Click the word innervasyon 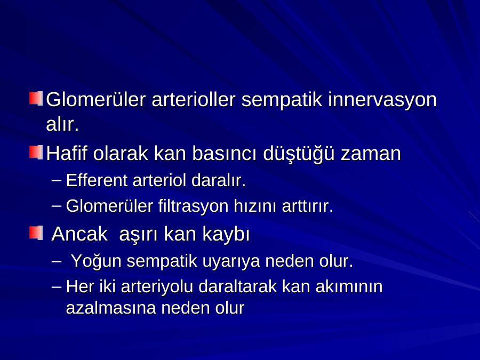[382, 100]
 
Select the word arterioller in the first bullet [194, 100]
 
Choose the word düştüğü [299, 153]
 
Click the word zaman [371, 154]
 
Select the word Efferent [97, 180]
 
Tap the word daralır [219, 180]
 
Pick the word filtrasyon [193, 206]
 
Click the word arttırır [307, 206]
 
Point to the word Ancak [79, 234]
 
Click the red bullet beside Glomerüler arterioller [36, 98]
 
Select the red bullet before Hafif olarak [36, 152]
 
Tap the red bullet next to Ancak [36, 233]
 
